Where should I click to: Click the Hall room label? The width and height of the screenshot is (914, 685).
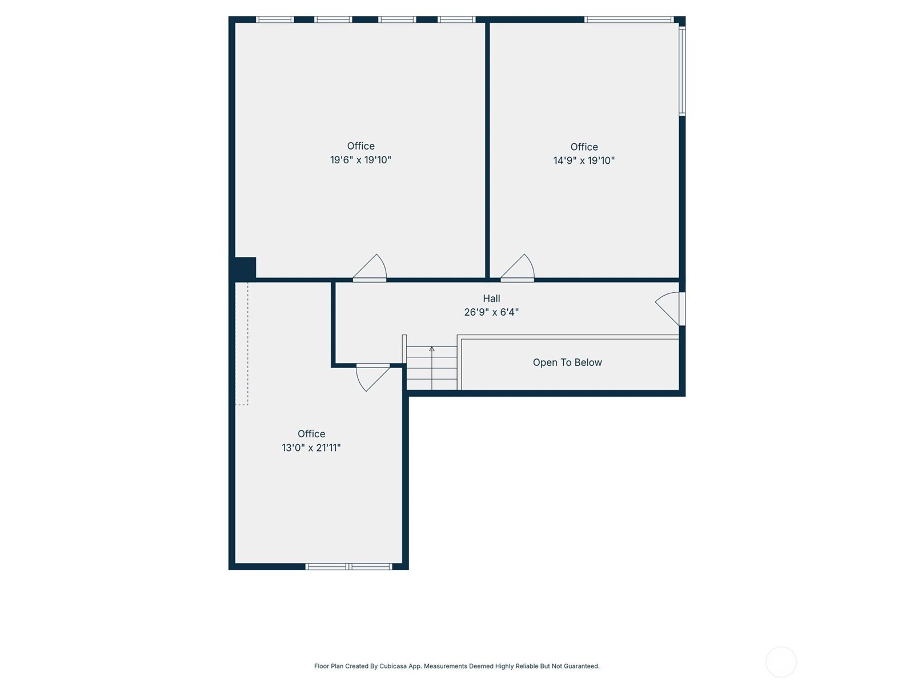(x=491, y=298)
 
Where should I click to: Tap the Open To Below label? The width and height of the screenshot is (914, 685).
(x=567, y=362)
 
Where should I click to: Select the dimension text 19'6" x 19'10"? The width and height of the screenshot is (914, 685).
(x=360, y=160)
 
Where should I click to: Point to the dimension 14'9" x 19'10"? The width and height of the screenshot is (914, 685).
(x=584, y=160)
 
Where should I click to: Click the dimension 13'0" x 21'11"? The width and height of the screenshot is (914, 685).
(x=311, y=448)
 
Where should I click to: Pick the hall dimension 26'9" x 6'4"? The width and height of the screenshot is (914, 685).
(x=491, y=312)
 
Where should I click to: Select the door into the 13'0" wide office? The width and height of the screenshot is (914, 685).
(x=372, y=377)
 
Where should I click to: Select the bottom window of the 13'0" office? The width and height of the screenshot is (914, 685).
(x=349, y=566)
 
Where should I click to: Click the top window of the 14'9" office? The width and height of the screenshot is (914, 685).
(x=629, y=19)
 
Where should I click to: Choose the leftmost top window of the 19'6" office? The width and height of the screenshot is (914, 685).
(x=275, y=19)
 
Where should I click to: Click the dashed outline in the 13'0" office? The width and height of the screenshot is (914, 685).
(x=242, y=344)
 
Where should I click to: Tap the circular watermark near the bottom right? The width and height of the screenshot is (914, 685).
(x=781, y=662)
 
